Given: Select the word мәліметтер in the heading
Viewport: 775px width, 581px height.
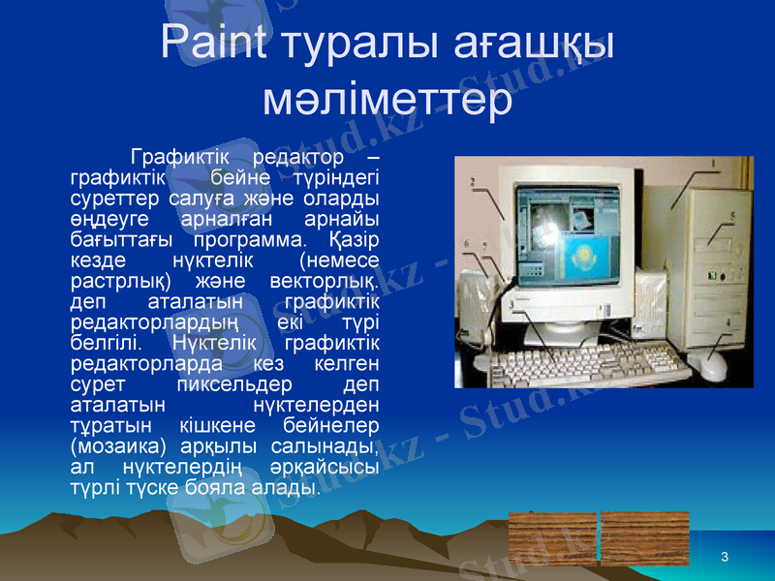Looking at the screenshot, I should [x=387, y=99].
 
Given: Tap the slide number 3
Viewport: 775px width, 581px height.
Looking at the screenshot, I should [x=725, y=555].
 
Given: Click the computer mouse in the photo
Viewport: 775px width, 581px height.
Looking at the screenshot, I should [x=713, y=366].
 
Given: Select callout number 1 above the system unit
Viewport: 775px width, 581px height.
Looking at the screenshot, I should [x=714, y=164].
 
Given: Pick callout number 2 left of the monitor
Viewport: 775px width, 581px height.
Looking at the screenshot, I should [x=473, y=180].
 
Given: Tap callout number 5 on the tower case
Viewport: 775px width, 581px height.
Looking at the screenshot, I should [x=732, y=215].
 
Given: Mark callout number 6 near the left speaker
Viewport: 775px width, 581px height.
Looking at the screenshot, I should [x=467, y=244].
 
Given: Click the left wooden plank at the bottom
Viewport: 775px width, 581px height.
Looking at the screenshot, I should [x=553, y=538].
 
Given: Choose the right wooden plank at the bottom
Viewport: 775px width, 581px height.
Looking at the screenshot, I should [x=644, y=538].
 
